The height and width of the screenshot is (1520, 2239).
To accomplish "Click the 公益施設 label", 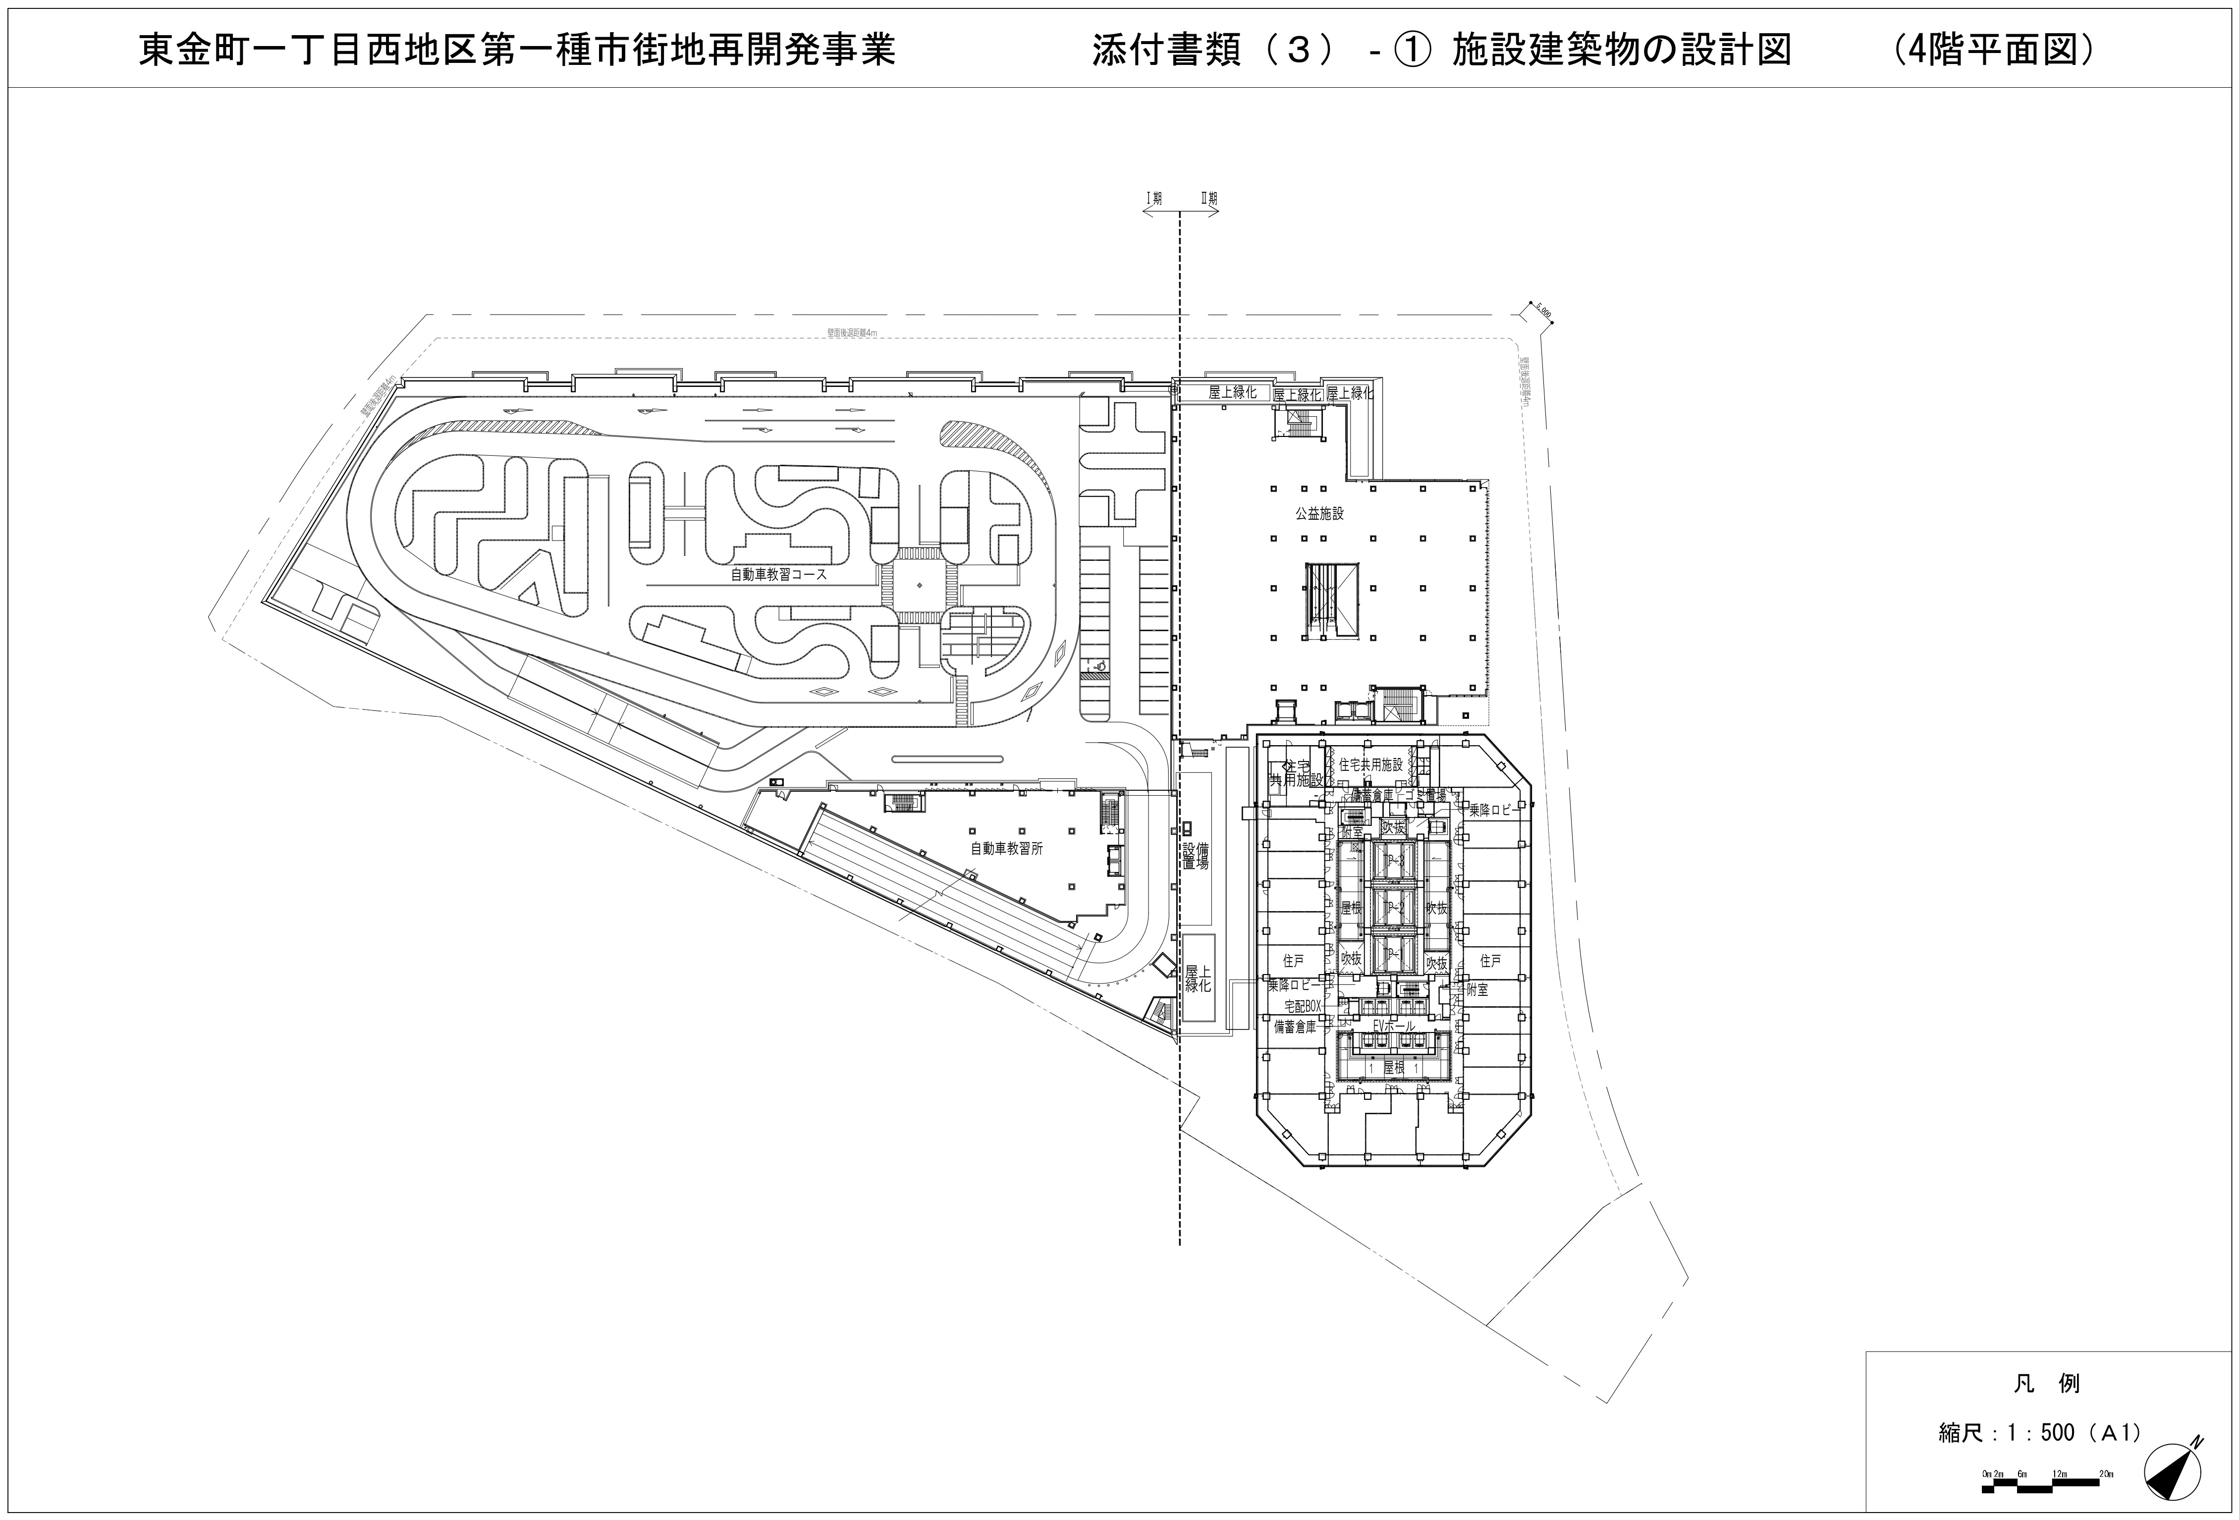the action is click(1319, 513).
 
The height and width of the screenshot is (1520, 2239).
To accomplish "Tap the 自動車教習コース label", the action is click(778, 574).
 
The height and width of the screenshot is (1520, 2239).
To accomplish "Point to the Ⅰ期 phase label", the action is click(1153, 199).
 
